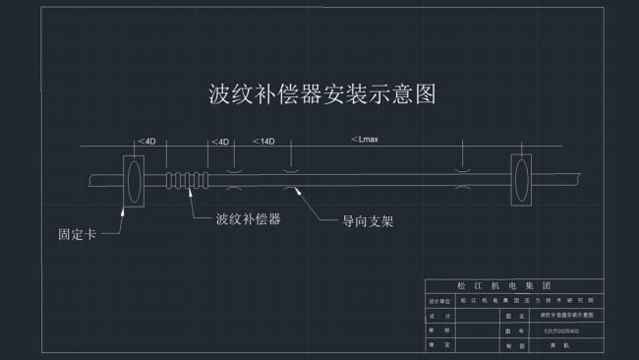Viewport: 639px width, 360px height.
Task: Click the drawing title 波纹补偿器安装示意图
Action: (x=321, y=94)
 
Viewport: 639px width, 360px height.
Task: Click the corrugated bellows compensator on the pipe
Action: (x=186, y=181)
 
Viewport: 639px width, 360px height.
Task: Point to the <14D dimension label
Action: (x=263, y=142)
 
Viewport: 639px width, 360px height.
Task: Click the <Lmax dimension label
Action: (x=365, y=140)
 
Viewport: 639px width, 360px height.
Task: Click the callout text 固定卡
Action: (x=78, y=235)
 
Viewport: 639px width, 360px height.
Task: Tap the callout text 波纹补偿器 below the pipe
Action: (x=249, y=218)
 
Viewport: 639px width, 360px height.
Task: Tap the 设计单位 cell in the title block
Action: (x=439, y=299)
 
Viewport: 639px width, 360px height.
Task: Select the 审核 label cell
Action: (x=439, y=330)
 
